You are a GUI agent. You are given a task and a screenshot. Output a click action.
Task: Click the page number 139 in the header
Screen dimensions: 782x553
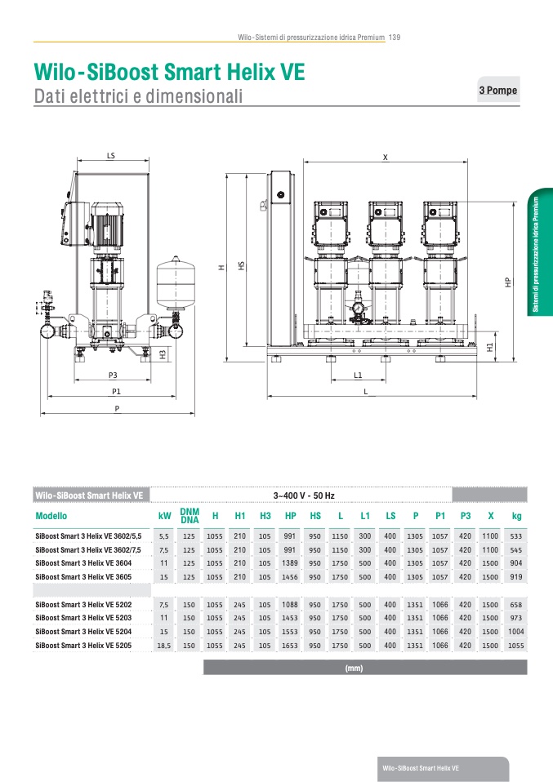pyautogui.click(x=394, y=38)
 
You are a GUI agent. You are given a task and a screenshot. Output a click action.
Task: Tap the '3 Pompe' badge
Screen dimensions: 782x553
pyautogui.click(x=498, y=91)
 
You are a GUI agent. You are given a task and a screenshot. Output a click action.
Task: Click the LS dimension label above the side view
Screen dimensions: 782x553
pyautogui.click(x=110, y=154)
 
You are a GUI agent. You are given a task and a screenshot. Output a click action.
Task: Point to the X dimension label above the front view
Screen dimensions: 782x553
pyautogui.click(x=385, y=156)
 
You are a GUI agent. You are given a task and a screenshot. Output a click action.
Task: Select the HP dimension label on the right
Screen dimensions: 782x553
pyautogui.click(x=508, y=281)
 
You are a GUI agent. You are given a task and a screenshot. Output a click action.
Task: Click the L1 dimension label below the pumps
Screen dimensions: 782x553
pyautogui.click(x=358, y=375)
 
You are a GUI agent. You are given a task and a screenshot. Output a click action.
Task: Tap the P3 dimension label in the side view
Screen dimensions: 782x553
pyautogui.click(x=114, y=375)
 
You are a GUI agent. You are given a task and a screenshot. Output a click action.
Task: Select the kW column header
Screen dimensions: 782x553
pyautogui.click(x=165, y=516)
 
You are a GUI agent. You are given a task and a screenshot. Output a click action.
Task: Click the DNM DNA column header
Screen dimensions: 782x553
pyautogui.click(x=190, y=516)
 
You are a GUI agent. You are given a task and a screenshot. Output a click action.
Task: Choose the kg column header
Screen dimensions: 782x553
pyautogui.click(x=516, y=516)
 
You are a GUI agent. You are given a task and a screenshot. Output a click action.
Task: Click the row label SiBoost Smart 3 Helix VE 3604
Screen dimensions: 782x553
pyautogui.click(x=85, y=563)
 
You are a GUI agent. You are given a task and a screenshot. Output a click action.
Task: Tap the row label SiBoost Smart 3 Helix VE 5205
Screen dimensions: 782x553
pyautogui.click(x=85, y=645)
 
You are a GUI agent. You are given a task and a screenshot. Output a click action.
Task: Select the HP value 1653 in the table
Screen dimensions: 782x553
pyautogui.click(x=290, y=645)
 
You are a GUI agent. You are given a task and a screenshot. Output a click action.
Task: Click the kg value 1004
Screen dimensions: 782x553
pyautogui.click(x=516, y=631)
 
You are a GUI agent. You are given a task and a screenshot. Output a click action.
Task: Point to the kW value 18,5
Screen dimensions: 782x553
pyautogui.click(x=164, y=645)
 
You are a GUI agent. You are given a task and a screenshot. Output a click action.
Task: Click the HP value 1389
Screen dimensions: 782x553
pyautogui.click(x=290, y=563)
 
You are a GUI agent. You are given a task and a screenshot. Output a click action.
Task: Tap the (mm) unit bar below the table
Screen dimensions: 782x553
pyautogui.click(x=354, y=668)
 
